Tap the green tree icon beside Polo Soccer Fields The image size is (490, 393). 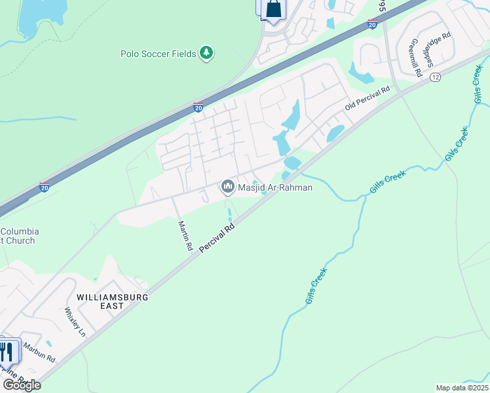click(x=206, y=52)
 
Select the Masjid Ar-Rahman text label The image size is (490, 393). click(x=275, y=188)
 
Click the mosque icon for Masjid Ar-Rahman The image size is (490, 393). click(x=228, y=187)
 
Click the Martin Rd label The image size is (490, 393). click(x=185, y=236)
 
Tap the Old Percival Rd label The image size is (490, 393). click(x=367, y=98)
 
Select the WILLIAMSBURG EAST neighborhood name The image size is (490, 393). click(x=113, y=302)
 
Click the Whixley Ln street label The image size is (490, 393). click(x=75, y=322)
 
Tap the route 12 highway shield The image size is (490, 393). click(x=435, y=77)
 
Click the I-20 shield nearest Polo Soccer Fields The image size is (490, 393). click(x=198, y=107)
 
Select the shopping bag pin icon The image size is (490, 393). click(x=274, y=10)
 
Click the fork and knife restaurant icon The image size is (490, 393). click(x=7, y=352)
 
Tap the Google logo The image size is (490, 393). click(x=22, y=384)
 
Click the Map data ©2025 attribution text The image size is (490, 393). click(x=462, y=388)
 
